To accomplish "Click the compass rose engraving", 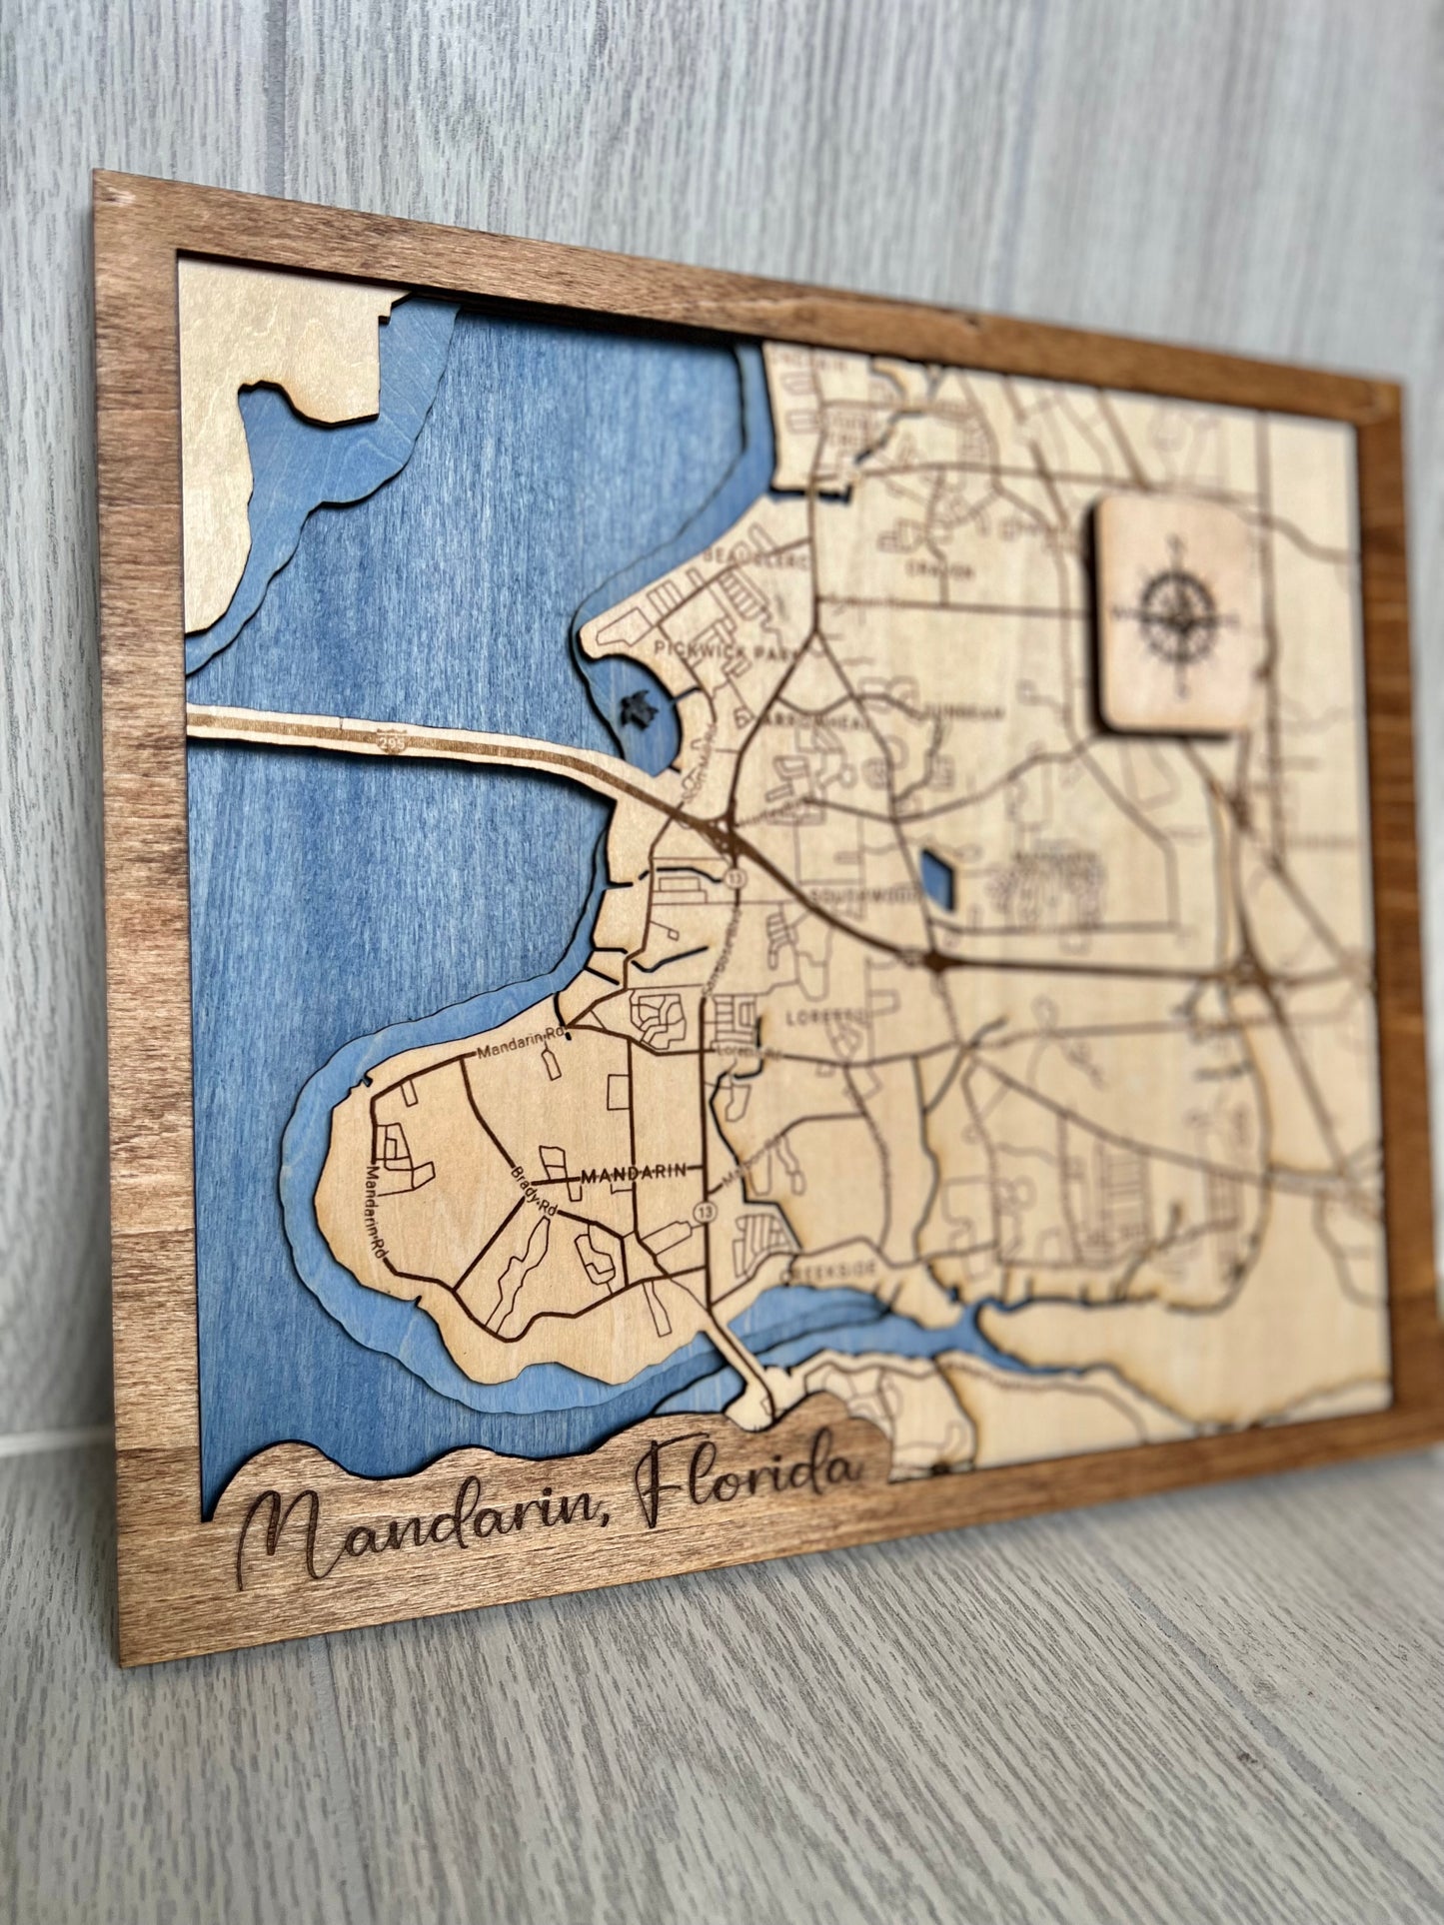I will [1177, 612].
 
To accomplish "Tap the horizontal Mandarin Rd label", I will [521, 1046].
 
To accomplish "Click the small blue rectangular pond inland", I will [936, 879].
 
